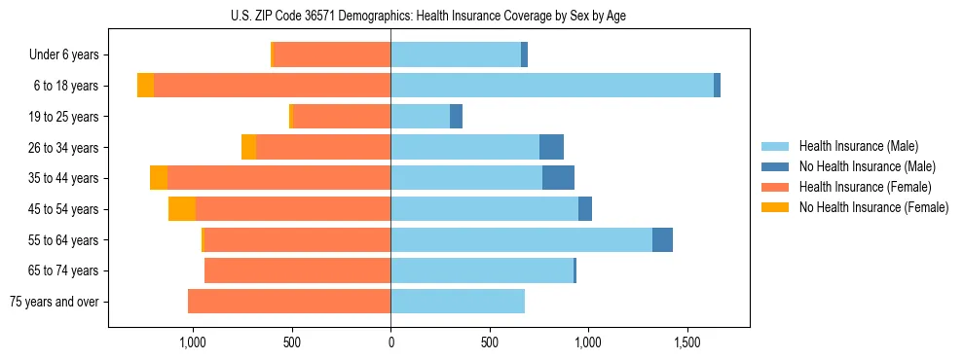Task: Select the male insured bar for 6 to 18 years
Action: tap(552, 86)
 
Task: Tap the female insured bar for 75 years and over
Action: tap(289, 302)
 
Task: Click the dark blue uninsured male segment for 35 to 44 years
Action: tap(558, 178)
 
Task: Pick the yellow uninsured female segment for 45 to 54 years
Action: tap(182, 209)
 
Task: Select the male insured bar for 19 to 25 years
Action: tap(420, 117)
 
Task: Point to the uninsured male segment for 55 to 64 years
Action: tap(662, 240)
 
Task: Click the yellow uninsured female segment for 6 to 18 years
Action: tap(145, 86)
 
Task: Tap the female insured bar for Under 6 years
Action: tap(332, 54)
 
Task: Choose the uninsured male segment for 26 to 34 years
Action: tap(551, 147)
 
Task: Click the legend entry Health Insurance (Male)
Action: tap(857, 146)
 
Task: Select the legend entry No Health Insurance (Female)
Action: tap(872, 207)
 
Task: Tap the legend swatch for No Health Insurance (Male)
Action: tap(775, 166)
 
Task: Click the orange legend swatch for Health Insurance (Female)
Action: tap(775, 187)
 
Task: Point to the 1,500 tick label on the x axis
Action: tap(687, 343)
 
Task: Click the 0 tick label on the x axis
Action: tap(390, 343)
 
